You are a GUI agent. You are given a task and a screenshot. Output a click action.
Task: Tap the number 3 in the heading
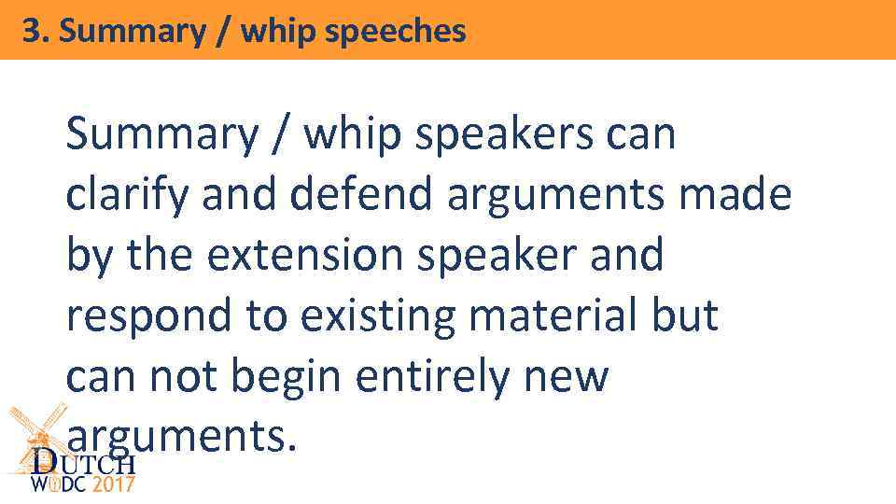point(31,32)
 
